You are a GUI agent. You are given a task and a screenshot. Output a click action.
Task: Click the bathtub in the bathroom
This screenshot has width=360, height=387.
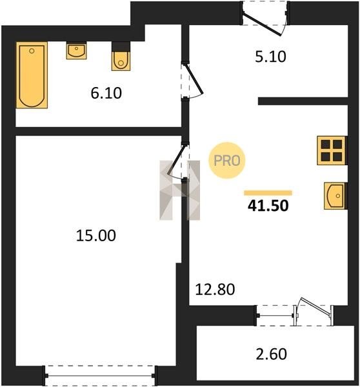pyautogui.click(x=32, y=75)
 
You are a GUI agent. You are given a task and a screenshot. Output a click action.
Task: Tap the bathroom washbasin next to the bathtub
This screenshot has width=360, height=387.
pyautogui.click(x=76, y=50)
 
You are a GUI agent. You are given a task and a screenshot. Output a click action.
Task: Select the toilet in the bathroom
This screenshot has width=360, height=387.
pyautogui.click(x=121, y=61)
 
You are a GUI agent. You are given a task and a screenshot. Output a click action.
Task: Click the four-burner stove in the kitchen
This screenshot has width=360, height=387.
pyautogui.click(x=332, y=150)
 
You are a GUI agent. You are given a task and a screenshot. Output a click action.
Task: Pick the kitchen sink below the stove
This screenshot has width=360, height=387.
pyautogui.click(x=335, y=195)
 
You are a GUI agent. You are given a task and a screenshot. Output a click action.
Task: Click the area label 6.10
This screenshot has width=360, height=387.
pyautogui.click(x=106, y=94)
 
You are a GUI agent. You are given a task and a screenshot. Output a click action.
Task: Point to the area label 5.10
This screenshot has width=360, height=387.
pyautogui.click(x=270, y=57)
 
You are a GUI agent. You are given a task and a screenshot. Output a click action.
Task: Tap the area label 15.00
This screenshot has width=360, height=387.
pyautogui.click(x=95, y=235)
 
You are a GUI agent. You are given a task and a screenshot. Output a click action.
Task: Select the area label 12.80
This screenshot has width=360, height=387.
pyautogui.click(x=215, y=290)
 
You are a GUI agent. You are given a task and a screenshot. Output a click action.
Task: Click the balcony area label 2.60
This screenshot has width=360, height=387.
pyautogui.click(x=272, y=354)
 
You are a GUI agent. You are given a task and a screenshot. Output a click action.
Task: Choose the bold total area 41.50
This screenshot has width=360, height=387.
pyautogui.click(x=268, y=206)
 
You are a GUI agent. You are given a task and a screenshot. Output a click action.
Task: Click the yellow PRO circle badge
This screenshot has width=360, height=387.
pyautogui.click(x=227, y=161)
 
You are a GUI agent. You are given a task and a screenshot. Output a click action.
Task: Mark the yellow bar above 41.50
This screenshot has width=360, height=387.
pyautogui.click(x=268, y=193)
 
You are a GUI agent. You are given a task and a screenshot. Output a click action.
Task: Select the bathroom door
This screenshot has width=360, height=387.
pyautogui.click(x=194, y=79)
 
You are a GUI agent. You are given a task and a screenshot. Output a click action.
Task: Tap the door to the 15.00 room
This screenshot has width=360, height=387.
pyautogui.click(x=177, y=160)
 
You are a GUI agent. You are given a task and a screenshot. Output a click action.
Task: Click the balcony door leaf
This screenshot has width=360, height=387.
pyautogui.click(x=315, y=306)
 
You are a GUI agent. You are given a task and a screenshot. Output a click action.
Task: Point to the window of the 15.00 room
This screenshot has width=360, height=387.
pyautogui.click(x=100, y=375)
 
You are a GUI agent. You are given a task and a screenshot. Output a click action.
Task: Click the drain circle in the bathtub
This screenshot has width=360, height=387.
pyautogui.click(x=32, y=51)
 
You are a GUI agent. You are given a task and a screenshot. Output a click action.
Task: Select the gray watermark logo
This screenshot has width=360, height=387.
pyautogui.click(x=180, y=190)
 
